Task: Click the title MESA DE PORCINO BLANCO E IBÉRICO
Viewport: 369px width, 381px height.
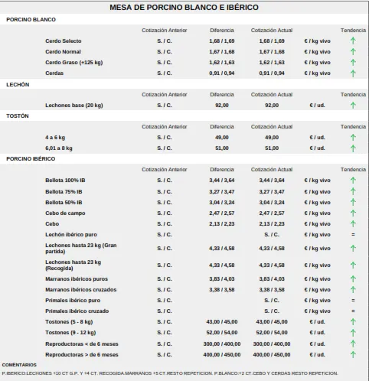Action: coord(184,7)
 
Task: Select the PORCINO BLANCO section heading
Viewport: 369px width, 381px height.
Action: coord(31,20)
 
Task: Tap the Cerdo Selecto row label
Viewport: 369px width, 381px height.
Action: coord(64,41)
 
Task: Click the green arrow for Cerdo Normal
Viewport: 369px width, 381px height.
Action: coord(353,52)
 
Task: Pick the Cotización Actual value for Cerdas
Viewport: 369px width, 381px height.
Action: coord(272,73)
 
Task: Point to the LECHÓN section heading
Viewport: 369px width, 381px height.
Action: coord(18,85)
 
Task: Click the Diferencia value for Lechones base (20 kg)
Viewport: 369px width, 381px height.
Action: coord(222,106)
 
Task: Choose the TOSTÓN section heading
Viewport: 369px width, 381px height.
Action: coord(18,116)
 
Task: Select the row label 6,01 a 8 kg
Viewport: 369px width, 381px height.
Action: coord(59,148)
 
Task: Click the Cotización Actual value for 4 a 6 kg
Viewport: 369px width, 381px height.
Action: coord(272,138)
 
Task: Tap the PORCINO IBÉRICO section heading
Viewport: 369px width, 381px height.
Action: coord(31,159)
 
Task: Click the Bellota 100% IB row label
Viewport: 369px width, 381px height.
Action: coord(65,181)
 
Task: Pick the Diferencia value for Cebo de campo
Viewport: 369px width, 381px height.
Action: coord(222,213)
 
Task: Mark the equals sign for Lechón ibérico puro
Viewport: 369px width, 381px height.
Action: coord(353,235)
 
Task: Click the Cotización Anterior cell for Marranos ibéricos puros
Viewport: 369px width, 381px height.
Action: coord(165,279)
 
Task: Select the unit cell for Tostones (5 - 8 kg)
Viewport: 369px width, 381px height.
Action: coord(317,322)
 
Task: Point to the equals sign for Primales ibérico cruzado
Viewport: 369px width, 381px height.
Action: coord(353,311)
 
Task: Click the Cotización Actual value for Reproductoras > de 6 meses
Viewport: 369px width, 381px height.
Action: coord(272,355)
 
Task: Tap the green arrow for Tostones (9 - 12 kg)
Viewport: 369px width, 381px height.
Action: coord(353,333)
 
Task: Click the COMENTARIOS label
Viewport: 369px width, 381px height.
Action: coord(19,365)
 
